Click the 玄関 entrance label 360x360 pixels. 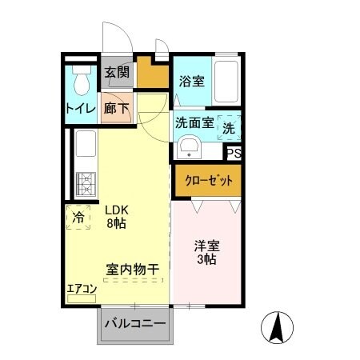pyautogui.click(x=117, y=73)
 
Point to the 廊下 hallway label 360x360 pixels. pyautogui.click(x=117, y=109)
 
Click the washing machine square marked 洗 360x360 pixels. pyautogui.click(x=229, y=126)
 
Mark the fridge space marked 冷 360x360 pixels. pyautogui.click(x=78, y=216)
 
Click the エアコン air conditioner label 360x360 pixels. pyautogui.click(x=82, y=289)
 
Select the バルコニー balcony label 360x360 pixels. pyautogui.click(x=135, y=324)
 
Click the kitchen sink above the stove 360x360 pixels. pyautogui.click(x=86, y=149)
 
